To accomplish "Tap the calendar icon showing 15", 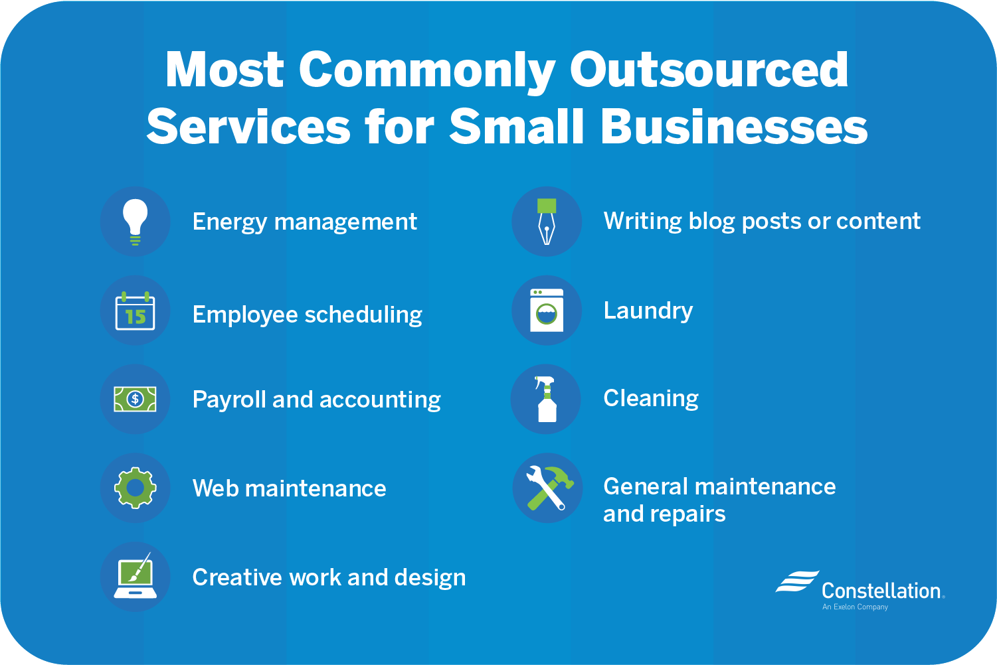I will click(136, 311).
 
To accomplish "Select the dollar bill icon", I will click(136, 399).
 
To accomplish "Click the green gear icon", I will click(136, 488).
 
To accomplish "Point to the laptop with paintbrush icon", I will click(136, 577).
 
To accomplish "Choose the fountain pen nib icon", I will click(547, 222).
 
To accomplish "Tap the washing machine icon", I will click(547, 311).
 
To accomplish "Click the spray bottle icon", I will click(546, 399).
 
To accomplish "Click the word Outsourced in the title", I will click(709, 70).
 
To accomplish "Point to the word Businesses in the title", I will click(734, 126).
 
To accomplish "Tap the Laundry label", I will click(648, 311).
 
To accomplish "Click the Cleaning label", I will click(651, 398).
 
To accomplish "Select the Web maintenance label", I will click(289, 488).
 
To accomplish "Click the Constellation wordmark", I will click(881, 591).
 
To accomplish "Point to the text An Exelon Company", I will click(855, 607).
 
